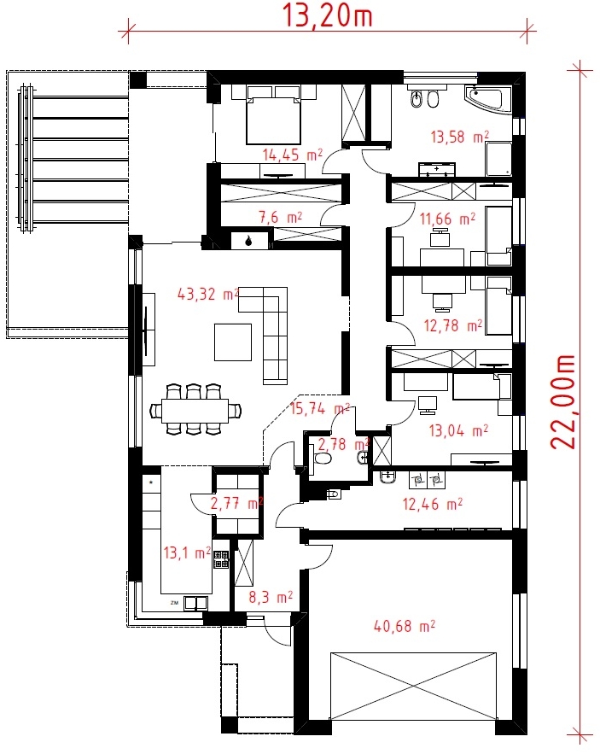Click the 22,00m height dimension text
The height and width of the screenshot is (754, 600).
click(x=562, y=402)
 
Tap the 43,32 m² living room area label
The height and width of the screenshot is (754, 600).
click(x=208, y=294)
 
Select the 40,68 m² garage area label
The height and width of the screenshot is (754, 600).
click(x=405, y=626)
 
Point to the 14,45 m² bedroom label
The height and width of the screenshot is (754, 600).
click(x=292, y=155)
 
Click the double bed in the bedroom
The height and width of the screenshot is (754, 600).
click(x=273, y=114)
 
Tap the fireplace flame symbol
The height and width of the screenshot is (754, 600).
click(x=248, y=241)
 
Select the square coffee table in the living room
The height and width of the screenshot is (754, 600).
click(x=233, y=342)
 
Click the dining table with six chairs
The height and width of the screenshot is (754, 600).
click(x=195, y=410)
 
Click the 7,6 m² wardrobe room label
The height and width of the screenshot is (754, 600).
click(x=281, y=218)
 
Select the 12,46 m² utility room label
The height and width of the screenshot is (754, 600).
click(x=433, y=504)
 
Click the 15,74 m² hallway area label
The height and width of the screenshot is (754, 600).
click(x=320, y=409)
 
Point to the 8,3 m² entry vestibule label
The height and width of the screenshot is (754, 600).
click(x=271, y=597)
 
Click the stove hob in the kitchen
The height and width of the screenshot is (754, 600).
click(x=221, y=559)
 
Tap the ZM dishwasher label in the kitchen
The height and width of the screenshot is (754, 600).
click(x=174, y=602)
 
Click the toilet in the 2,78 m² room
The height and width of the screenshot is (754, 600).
click(x=322, y=459)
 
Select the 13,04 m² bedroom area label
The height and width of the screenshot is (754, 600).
click(x=458, y=430)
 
